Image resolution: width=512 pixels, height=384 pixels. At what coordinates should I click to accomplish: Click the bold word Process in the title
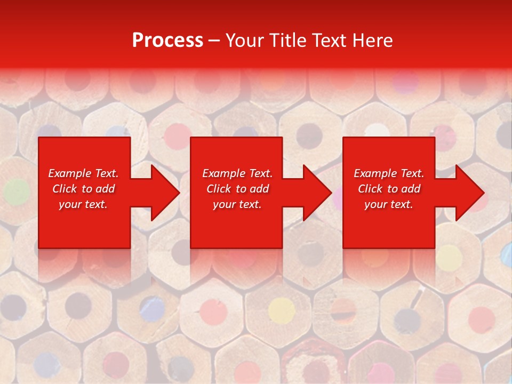coord(167,40)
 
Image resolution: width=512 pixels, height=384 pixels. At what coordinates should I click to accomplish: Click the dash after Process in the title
coord(214,41)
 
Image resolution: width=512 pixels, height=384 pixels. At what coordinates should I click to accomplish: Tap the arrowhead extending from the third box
coord(469,193)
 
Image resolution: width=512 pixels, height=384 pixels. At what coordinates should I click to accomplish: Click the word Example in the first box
coord(69,173)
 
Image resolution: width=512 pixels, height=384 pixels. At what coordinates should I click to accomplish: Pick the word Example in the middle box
coord(222,173)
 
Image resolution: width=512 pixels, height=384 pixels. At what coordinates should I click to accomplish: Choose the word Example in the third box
coord(374,173)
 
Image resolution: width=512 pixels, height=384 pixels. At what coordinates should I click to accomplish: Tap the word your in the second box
coord(223,204)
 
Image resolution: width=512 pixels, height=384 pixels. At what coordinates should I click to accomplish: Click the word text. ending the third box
coord(401,204)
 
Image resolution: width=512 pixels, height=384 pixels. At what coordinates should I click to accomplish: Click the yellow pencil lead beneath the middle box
coord(281,309)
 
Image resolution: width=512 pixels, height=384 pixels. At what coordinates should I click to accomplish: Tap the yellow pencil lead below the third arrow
coord(449,257)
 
